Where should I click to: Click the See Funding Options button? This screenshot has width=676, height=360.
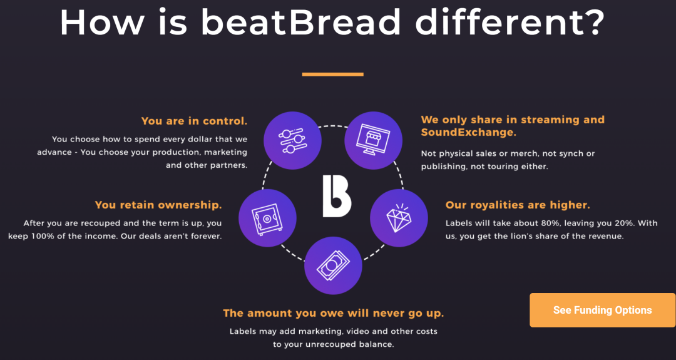coord(602,310)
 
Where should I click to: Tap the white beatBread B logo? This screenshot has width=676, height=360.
coord(337,196)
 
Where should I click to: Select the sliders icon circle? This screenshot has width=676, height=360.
coord(292,140)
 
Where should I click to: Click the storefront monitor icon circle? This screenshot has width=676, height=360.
coord(373,140)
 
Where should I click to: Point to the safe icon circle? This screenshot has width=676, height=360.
coord(267,218)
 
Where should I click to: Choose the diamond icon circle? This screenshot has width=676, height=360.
coord(399,218)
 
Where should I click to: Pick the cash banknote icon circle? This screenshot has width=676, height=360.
coord(333,265)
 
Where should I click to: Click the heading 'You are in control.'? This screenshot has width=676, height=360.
coord(195,121)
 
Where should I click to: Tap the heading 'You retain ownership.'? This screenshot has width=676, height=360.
coord(158,205)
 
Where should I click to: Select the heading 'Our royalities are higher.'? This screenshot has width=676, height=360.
coord(518,205)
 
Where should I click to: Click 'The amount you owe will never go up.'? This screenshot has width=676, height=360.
coord(333,313)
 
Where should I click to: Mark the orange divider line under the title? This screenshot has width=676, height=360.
coord(333,74)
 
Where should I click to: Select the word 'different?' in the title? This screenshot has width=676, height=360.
coord(510,22)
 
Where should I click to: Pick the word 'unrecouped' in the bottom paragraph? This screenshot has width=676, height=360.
coord(327,345)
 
